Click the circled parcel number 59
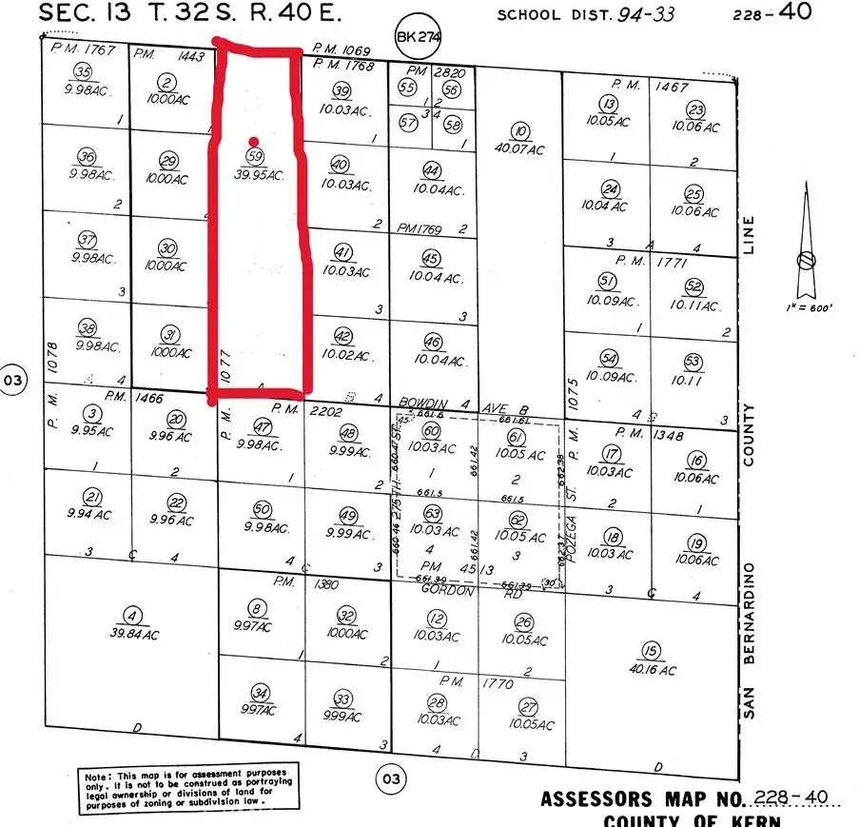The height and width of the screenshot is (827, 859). (254, 155)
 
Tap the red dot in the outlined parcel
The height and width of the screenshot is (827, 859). (253, 141)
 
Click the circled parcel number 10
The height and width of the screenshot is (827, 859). (519, 131)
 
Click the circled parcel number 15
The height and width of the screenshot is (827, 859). (651, 652)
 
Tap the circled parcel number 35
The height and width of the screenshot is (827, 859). (85, 73)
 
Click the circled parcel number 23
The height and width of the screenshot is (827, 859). (695, 109)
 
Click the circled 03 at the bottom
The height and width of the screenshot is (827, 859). (389, 778)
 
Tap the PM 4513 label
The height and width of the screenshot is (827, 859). (456, 568)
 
